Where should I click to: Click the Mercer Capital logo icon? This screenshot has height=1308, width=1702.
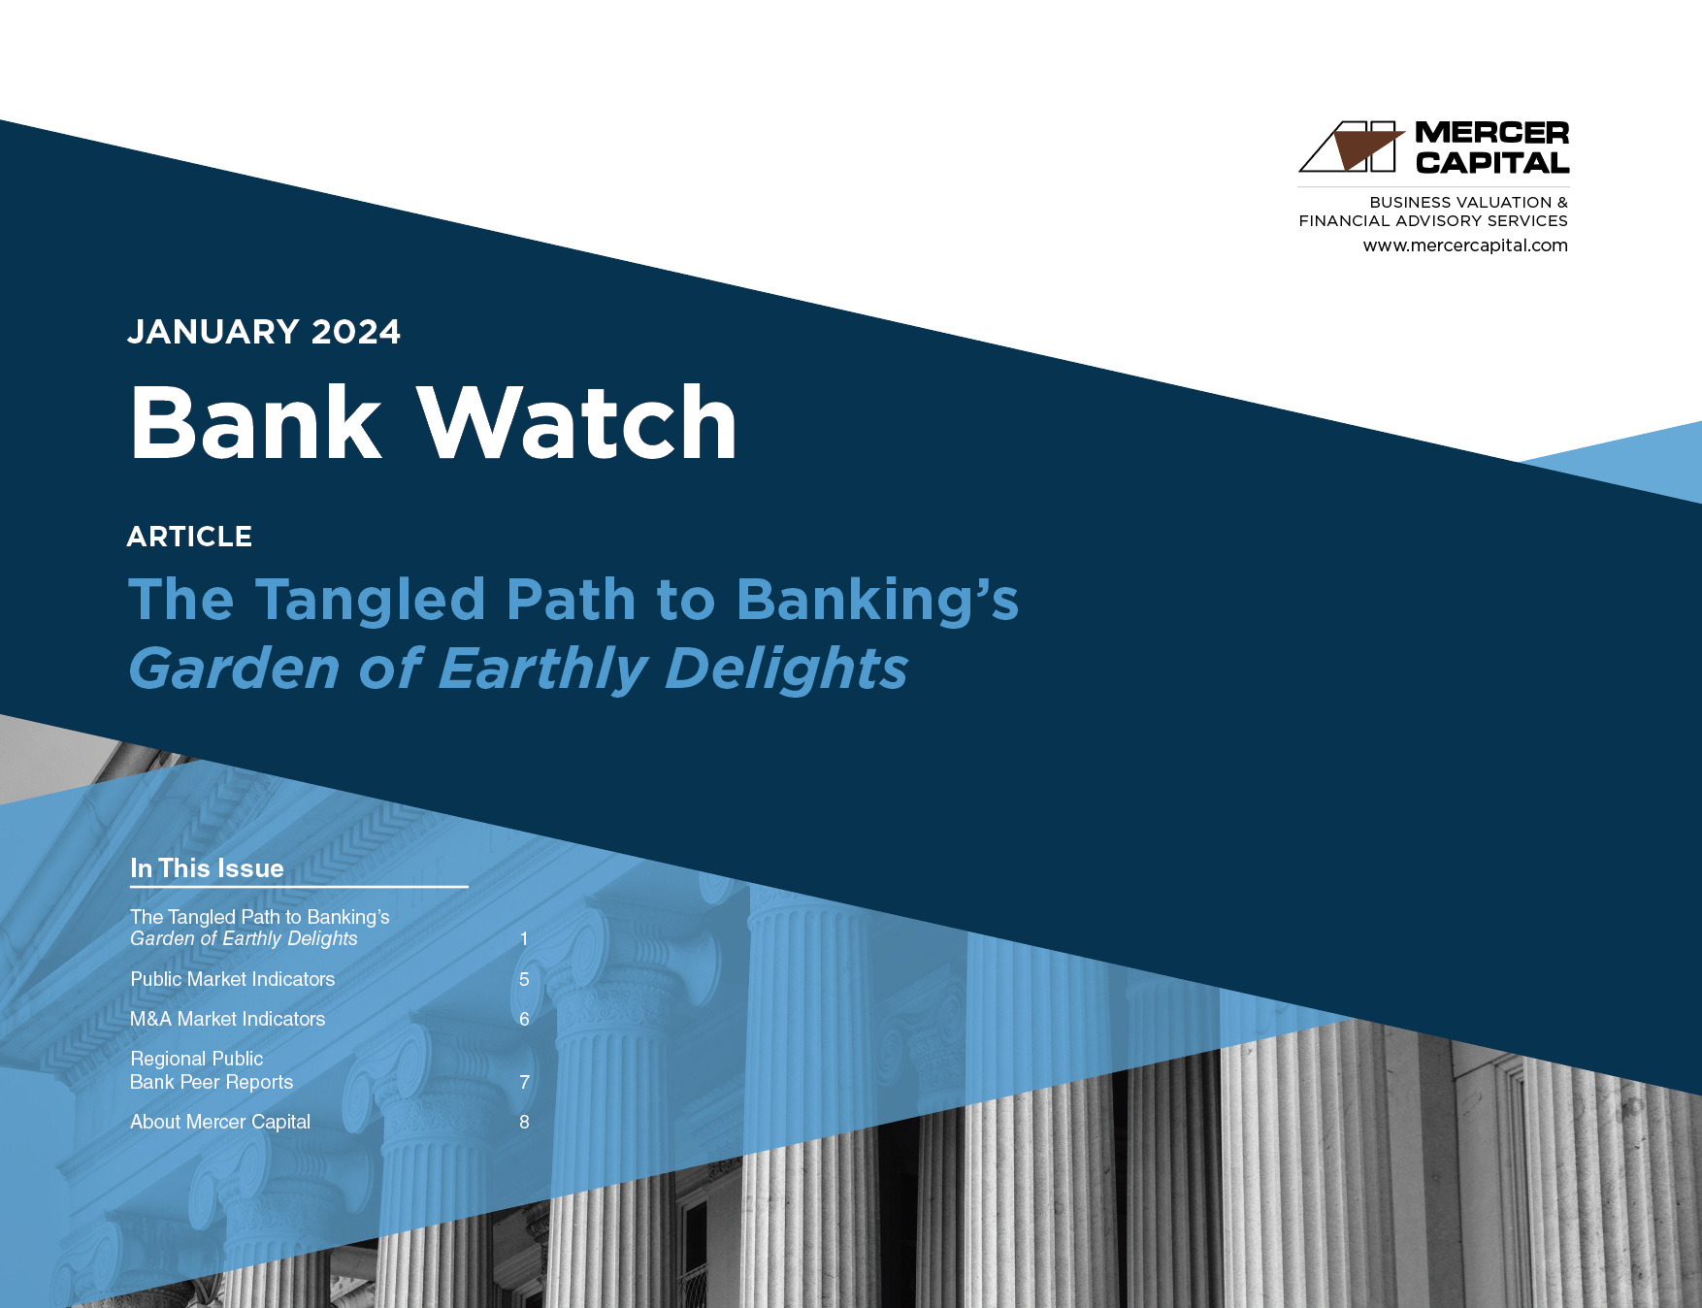point(1352,147)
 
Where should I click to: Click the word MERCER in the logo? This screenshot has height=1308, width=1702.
point(1491,133)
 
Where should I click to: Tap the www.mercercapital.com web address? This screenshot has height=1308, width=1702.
point(1464,245)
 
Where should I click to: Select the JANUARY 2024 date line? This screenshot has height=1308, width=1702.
point(264,332)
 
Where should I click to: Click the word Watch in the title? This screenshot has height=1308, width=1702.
point(578,423)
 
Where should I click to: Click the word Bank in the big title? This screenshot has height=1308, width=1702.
point(256,423)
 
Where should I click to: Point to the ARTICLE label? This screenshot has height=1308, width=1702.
point(189,537)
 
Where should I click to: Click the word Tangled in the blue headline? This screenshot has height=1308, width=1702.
point(370,599)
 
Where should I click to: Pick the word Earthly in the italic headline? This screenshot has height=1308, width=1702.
point(542,669)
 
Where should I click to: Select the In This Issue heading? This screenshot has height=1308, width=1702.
point(207,868)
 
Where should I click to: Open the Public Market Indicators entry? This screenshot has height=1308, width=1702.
point(233,979)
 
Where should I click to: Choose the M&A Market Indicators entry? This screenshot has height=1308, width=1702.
point(228,1019)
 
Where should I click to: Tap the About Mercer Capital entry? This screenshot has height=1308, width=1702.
point(220,1122)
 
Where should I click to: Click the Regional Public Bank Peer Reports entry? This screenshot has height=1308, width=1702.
point(212,1070)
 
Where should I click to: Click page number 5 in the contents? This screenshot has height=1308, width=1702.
point(524,979)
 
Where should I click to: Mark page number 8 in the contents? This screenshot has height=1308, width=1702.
point(524,1122)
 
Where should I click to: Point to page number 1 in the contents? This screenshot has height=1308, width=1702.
point(524,938)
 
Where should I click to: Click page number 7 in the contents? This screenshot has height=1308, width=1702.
point(524,1082)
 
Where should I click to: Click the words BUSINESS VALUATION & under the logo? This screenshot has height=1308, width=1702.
point(1468,202)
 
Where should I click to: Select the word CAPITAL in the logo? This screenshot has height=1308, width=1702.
point(1491,163)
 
